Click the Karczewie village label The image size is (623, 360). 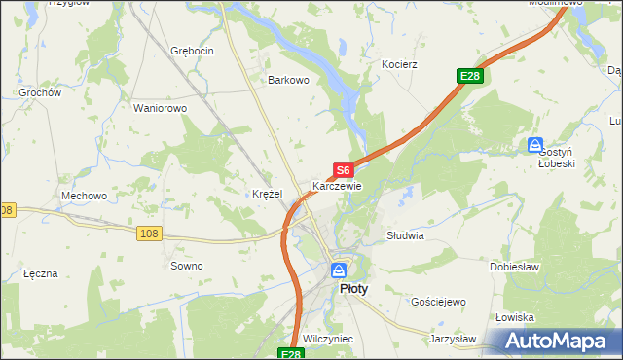(x=337, y=186)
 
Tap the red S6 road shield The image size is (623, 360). (x=342, y=170)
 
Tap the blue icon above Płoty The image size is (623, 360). (x=338, y=270)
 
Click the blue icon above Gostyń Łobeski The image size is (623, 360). (x=535, y=145)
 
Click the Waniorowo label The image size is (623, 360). (x=160, y=108)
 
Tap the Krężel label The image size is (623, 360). (x=267, y=194)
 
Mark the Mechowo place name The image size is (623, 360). (x=84, y=196)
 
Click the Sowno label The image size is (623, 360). (x=186, y=266)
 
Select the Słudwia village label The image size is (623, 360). (x=405, y=235)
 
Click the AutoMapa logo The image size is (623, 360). (x=556, y=342)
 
